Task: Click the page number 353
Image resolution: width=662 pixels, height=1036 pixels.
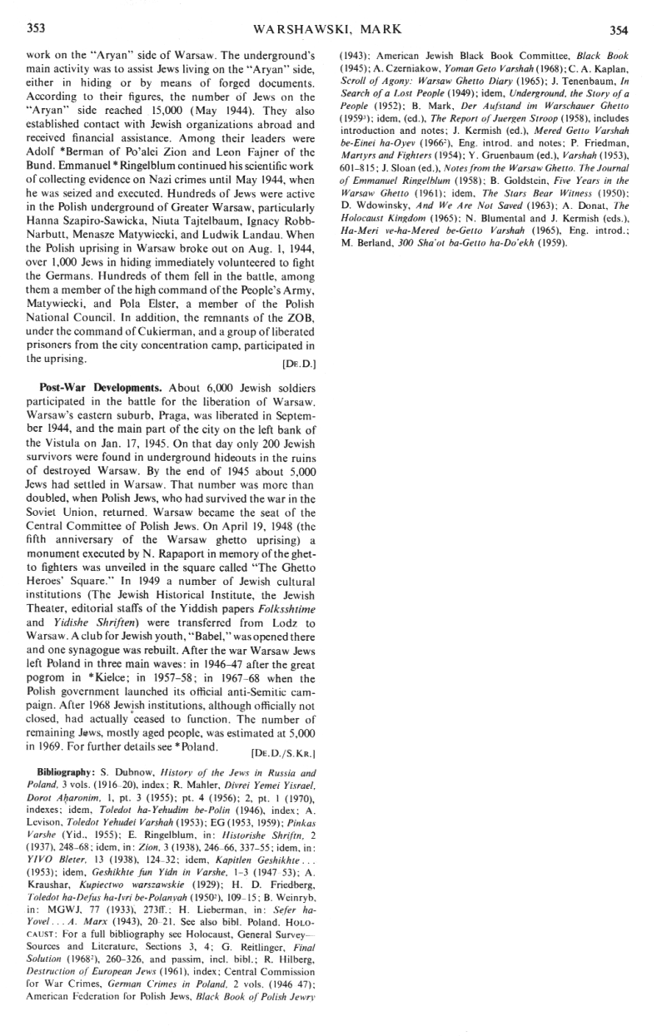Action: click(x=36, y=29)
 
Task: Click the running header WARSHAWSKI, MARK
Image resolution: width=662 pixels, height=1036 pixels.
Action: click(x=331, y=30)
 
